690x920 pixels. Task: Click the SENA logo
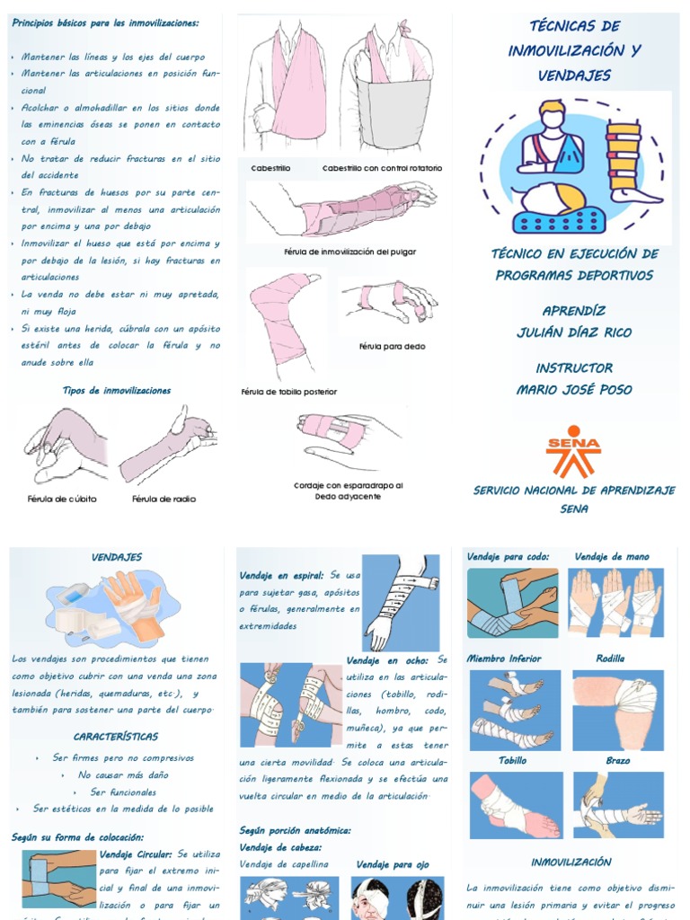[x=573, y=451]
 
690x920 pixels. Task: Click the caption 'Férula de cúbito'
[x=62, y=499]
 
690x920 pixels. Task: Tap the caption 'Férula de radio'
[x=164, y=499]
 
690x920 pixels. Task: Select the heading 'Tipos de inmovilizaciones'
[x=117, y=391]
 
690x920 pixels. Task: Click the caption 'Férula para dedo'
[x=392, y=346]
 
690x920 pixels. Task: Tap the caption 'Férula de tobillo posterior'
[x=289, y=392]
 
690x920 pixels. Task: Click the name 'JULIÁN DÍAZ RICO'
[x=573, y=332]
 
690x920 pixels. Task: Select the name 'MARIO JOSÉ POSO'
[x=573, y=390]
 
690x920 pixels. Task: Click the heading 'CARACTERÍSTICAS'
[x=116, y=737]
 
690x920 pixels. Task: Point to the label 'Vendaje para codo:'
[x=508, y=557]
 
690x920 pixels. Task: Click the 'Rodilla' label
[x=610, y=659]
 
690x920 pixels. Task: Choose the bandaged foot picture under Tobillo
[x=515, y=805]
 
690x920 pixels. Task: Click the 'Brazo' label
[x=617, y=761]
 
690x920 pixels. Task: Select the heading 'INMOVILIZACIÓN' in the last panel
[x=571, y=862]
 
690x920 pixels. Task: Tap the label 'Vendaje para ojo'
[x=393, y=865]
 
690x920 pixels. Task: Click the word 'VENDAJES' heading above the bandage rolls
[x=117, y=558]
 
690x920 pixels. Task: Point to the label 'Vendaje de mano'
[x=612, y=557]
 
